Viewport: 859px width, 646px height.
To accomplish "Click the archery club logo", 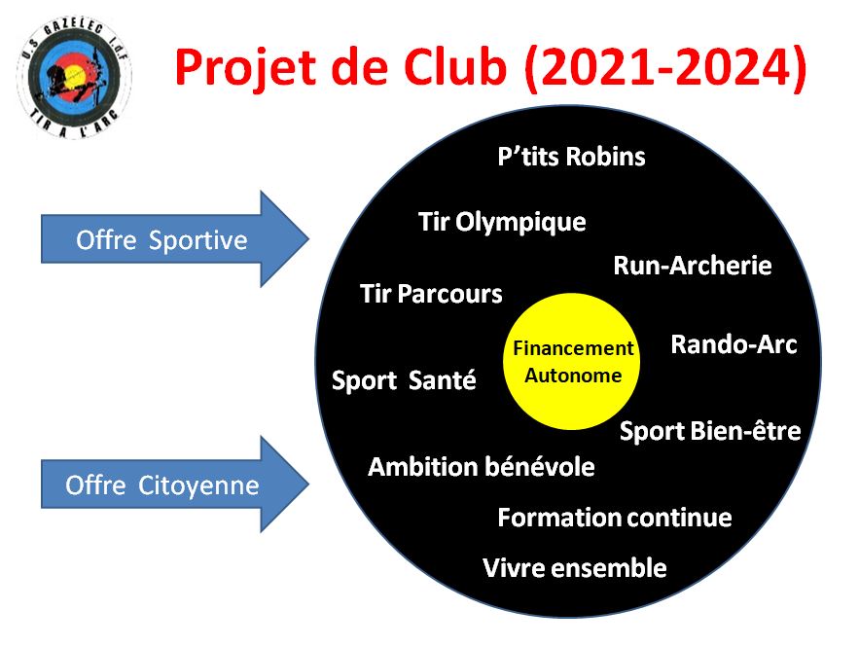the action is [75, 77].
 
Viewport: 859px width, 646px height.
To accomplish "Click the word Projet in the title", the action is [246, 68].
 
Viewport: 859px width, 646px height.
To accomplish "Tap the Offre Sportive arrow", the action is [175, 239].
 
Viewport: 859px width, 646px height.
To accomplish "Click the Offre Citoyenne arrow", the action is [175, 484].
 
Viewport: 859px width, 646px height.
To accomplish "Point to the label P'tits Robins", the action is [571, 157].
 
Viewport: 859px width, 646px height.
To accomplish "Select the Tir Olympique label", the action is [502, 223].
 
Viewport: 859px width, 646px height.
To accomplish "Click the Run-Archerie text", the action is [693, 266].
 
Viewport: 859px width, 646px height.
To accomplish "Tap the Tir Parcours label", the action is [431, 294].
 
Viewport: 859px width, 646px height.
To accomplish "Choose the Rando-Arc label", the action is [734, 345].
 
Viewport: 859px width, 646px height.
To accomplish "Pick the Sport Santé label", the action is [404, 380].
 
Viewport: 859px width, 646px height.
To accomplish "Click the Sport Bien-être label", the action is [710, 432].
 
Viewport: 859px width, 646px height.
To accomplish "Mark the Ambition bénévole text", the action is [482, 467].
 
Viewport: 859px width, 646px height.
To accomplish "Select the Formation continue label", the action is [615, 518].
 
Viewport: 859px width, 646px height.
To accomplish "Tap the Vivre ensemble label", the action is [575, 568].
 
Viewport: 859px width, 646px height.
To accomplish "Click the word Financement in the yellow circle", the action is [573, 348].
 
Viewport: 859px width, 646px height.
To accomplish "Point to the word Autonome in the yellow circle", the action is [573, 376].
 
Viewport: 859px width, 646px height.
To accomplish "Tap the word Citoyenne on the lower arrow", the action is [198, 486].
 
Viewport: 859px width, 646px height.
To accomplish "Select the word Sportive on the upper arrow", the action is [198, 240].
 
